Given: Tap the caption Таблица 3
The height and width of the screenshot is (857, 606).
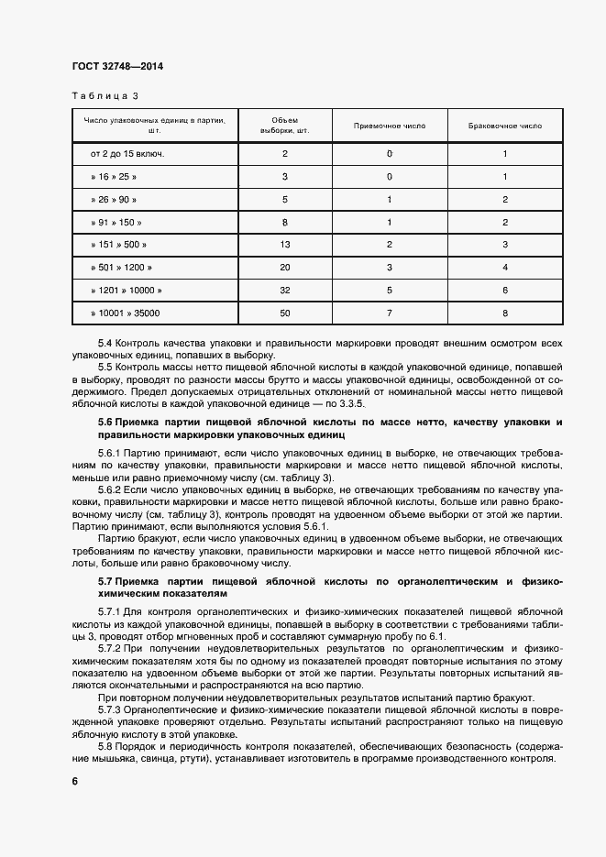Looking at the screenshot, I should click(x=105, y=95).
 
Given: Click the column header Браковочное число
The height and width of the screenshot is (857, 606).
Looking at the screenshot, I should click(x=504, y=125).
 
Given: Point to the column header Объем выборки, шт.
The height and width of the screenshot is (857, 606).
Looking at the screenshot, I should click(x=285, y=125).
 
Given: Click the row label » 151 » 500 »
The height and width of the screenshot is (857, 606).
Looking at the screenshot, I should click(x=118, y=245).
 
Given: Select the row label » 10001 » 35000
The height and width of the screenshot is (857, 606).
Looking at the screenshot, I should click(x=126, y=313).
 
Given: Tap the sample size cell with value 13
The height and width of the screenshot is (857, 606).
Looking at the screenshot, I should click(x=285, y=245).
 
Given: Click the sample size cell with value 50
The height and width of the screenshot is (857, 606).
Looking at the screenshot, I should click(x=285, y=313).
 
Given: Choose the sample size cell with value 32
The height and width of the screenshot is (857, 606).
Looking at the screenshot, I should click(x=285, y=291).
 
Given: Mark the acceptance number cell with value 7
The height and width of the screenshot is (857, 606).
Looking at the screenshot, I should click(x=390, y=313).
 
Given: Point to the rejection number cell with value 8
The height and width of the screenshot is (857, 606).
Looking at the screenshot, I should click(x=504, y=313).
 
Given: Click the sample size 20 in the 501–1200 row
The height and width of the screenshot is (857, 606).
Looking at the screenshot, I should click(x=285, y=268).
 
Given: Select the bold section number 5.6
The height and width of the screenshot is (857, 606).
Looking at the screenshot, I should click(x=105, y=422).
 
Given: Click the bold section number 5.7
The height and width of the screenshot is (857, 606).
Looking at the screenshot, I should click(x=105, y=581).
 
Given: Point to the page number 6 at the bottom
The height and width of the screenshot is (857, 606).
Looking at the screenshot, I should click(x=74, y=781).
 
